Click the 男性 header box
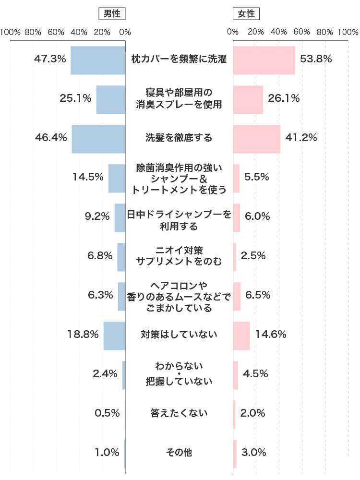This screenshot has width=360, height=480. click(111, 14)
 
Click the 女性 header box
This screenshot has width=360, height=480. click(246, 14)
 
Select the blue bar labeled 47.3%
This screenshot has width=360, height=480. click(98, 60)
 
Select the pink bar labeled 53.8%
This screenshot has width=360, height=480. click(264, 60)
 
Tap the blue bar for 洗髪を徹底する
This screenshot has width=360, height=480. click(98, 139)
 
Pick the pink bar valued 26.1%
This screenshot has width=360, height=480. click(248, 99)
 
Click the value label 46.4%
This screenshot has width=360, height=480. click(50, 138)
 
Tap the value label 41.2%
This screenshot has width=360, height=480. click(301, 138)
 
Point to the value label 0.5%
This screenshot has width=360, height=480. click(107, 413)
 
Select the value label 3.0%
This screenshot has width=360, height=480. click(254, 452)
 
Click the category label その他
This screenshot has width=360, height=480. click(179, 452)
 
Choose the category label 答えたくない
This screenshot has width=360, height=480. click(179, 413)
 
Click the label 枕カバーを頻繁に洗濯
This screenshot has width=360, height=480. click(179, 60)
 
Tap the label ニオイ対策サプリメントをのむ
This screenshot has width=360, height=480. click(179, 256)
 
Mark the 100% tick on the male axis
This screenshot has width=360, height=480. click(10, 33)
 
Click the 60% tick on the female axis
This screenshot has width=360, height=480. click(302, 33)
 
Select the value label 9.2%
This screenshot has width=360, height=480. click(97, 216)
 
